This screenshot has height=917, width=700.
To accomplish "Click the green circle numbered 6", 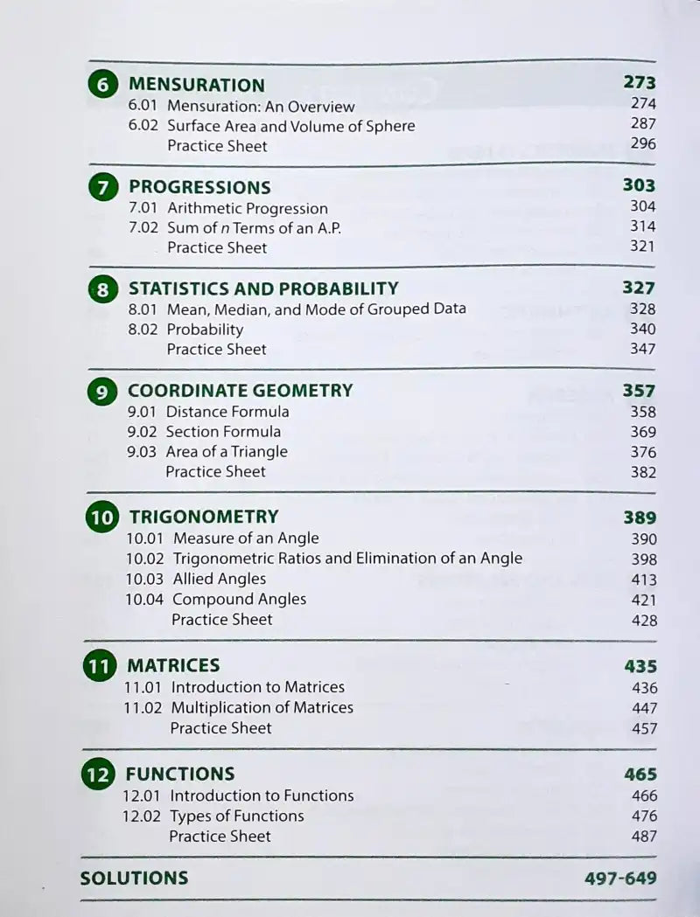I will (103, 86).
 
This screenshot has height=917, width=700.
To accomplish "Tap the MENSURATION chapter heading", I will (196, 85).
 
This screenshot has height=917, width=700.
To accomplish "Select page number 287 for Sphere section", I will (642, 124).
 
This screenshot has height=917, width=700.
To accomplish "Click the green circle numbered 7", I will (103, 187).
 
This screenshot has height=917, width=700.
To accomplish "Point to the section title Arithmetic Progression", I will (248, 208).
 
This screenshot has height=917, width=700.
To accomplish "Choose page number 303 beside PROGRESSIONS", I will (639, 185).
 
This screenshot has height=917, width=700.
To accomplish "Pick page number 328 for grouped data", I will (642, 309).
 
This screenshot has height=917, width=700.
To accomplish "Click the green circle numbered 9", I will (102, 392).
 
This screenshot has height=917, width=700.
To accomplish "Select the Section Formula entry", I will (223, 431).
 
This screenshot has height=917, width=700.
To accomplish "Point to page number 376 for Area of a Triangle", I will (642, 451).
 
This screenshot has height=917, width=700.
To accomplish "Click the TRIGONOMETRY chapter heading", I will (204, 517).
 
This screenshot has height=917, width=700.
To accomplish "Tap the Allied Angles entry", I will (220, 579).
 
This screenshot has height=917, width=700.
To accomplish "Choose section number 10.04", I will (144, 599).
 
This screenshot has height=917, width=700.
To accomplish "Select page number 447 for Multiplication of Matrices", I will (644, 708).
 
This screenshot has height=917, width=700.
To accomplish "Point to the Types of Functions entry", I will (236, 816).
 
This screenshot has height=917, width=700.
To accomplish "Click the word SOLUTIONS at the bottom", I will (134, 879).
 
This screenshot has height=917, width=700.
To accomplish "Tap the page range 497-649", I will (620, 879).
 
